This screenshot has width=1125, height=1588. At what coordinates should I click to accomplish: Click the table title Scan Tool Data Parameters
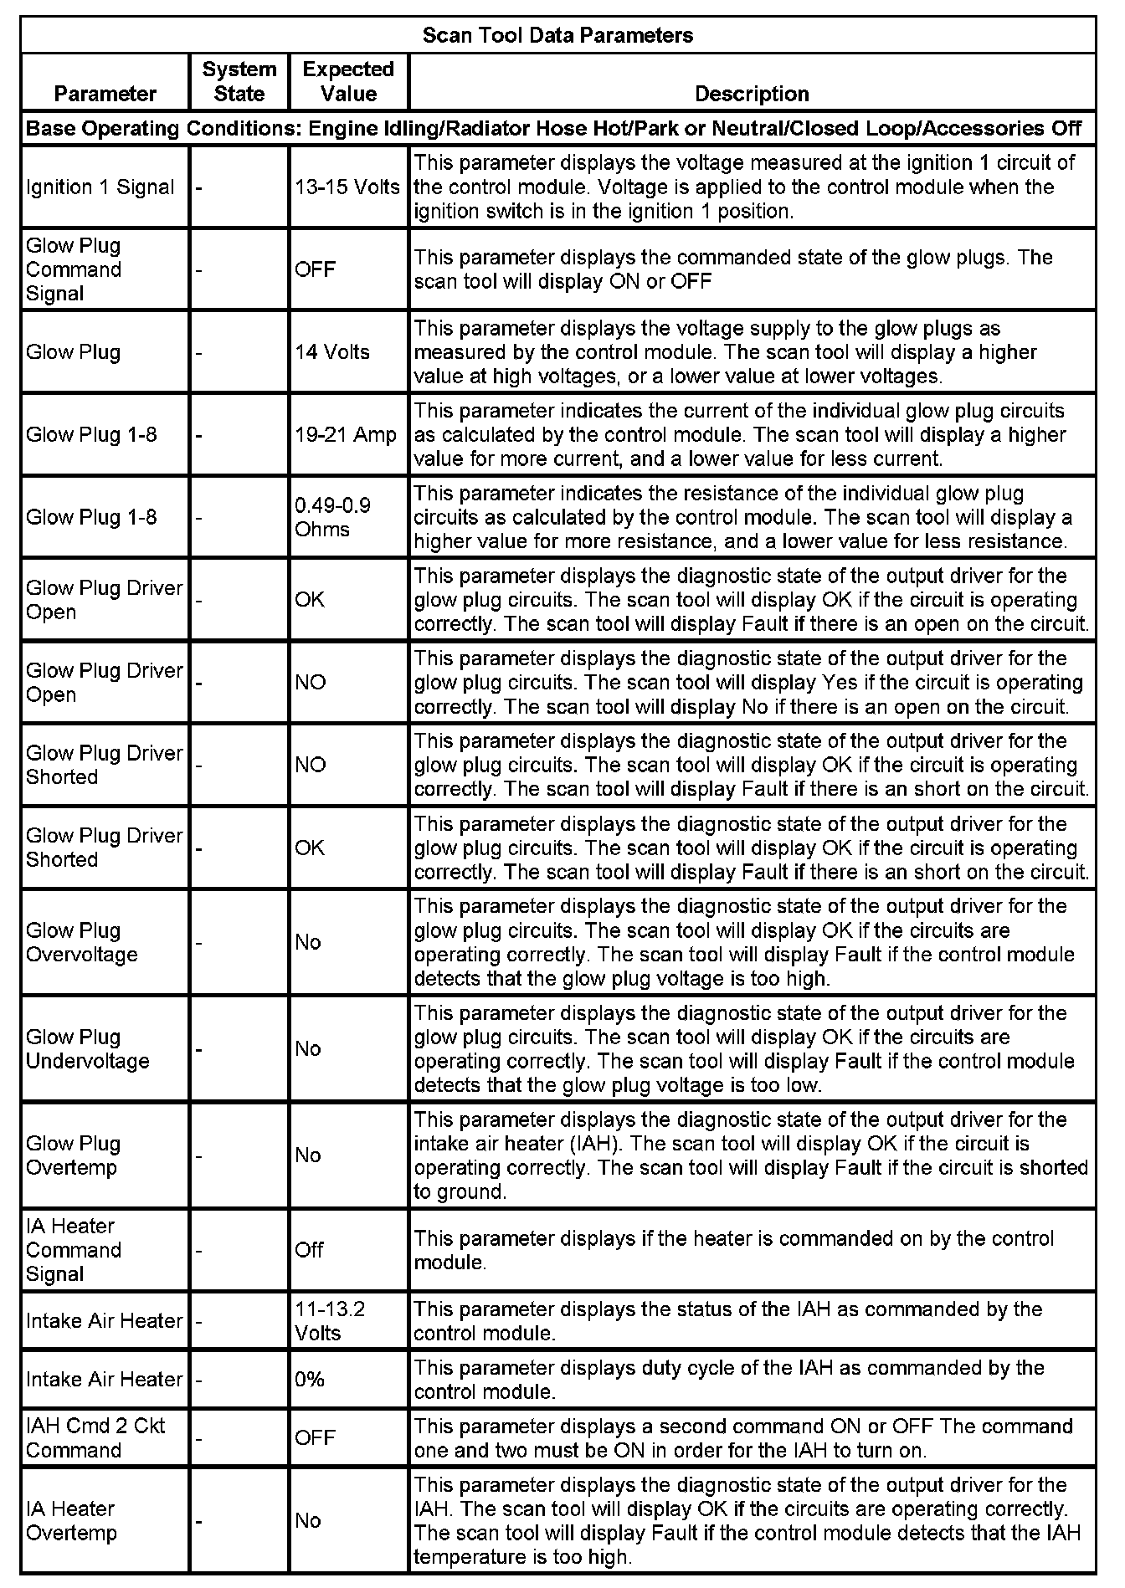pyautogui.click(x=557, y=35)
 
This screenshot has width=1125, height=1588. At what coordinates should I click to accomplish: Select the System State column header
pyautogui.click(x=239, y=81)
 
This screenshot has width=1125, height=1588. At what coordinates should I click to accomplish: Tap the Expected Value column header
pyautogui.click(x=348, y=81)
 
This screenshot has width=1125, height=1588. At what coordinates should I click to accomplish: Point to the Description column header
pyautogui.click(x=752, y=94)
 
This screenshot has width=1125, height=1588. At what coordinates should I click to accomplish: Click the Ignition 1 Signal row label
pyautogui.click(x=100, y=187)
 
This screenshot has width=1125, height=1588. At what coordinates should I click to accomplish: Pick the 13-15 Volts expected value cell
pyautogui.click(x=347, y=187)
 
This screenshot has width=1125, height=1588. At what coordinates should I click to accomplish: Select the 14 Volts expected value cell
pyautogui.click(x=332, y=351)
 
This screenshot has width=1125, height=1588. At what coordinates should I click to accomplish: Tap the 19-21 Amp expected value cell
pyautogui.click(x=346, y=434)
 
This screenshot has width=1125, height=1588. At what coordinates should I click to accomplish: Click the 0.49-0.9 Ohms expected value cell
pyautogui.click(x=332, y=517)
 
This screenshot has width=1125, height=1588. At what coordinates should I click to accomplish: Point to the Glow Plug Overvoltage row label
pyautogui.click(x=82, y=942)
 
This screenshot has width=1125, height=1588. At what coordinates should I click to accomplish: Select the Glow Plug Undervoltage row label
pyautogui.click(x=88, y=1049)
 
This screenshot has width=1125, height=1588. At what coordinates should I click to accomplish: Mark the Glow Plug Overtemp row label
pyautogui.click(x=74, y=1155)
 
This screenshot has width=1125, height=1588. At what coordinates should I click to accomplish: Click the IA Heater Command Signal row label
pyautogui.click(x=74, y=1250)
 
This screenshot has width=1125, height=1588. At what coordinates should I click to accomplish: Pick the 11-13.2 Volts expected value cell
pyautogui.click(x=330, y=1320)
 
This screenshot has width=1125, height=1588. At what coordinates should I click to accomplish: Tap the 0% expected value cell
pyautogui.click(x=310, y=1379)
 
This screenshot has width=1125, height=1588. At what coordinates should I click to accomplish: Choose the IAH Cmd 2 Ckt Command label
pyautogui.click(x=95, y=1437)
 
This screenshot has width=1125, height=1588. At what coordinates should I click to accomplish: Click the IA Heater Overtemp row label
pyautogui.click(x=72, y=1520)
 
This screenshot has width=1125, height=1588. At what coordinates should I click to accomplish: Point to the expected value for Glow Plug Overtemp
pyautogui.click(x=308, y=1155)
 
